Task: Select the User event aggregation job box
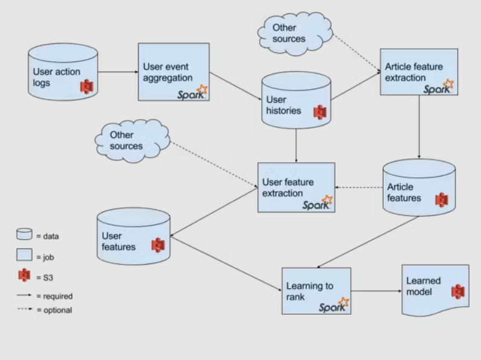(174, 71)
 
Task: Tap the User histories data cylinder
(296, 103)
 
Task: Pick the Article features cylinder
(418, 188)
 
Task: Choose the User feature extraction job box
(296, 187)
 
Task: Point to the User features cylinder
(133, 237)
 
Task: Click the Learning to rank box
(316, 291)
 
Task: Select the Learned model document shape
(435, 291)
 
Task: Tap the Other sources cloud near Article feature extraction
(295, 33)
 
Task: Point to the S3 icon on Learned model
(457, 292)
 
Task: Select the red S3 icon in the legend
(25, 275)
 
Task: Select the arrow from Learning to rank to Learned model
(376, 291)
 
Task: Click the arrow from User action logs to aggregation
(118, 72)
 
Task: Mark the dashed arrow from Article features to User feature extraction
(359, 188)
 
